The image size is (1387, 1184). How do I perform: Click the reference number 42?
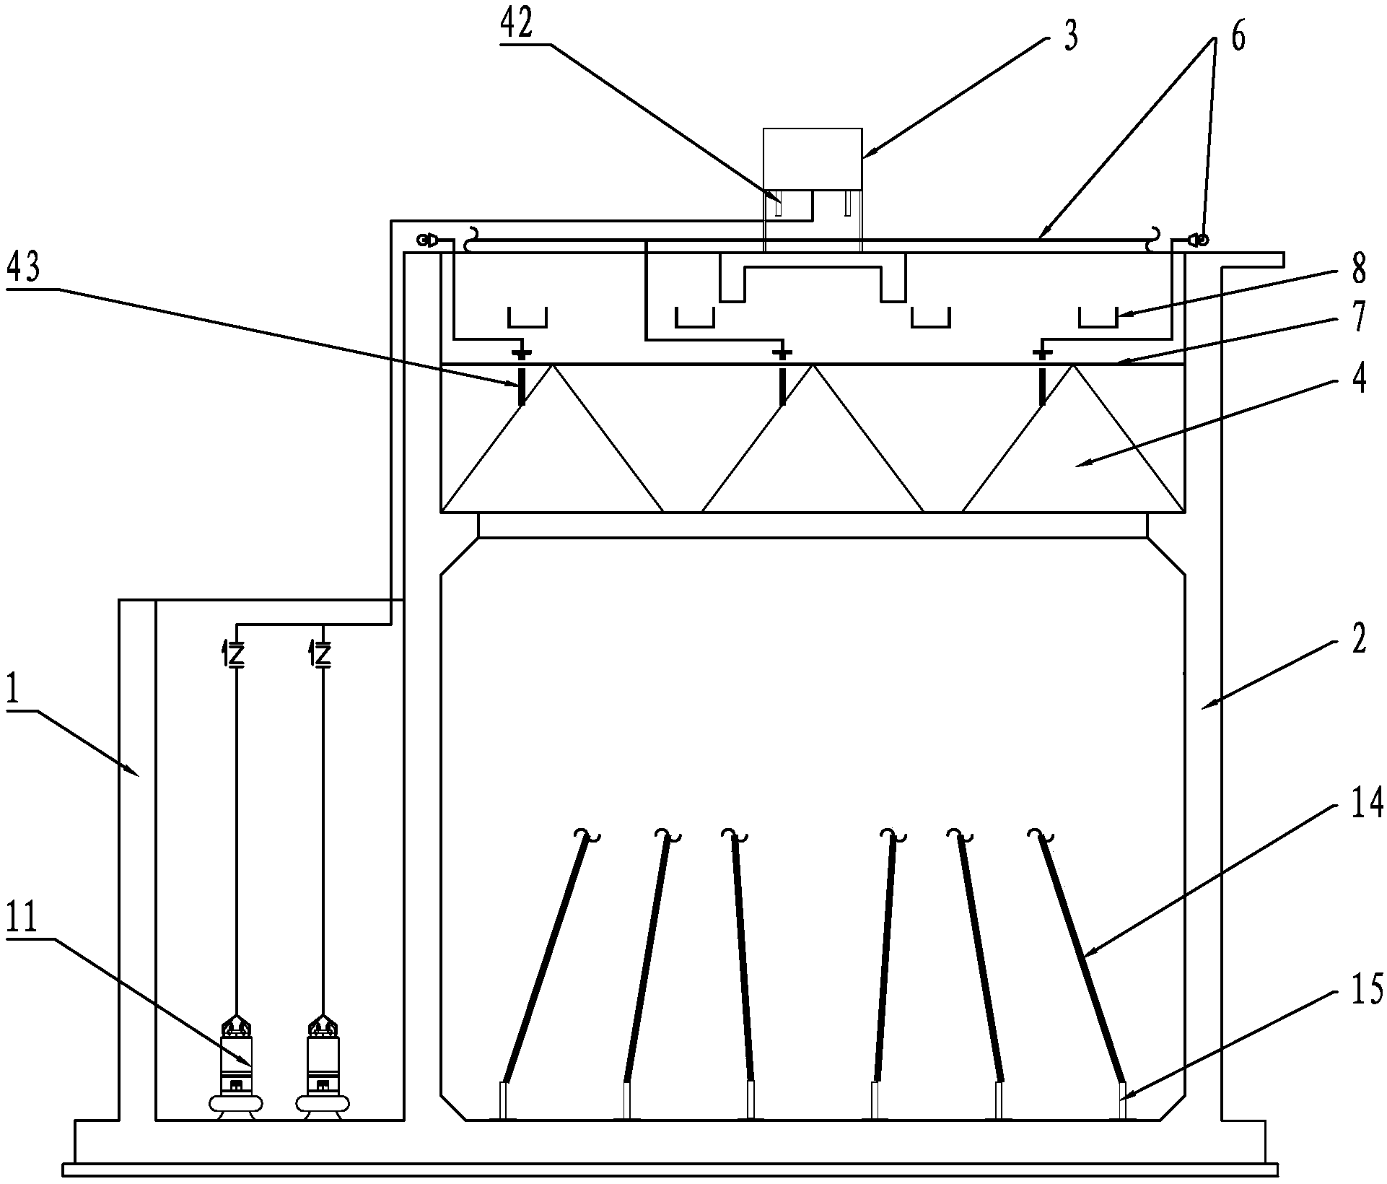pos(516,25)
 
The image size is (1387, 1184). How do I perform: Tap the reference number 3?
pos(1071,35)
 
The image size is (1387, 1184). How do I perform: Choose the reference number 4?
pos(1358,378)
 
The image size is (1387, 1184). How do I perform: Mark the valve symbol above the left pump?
pos(236,654)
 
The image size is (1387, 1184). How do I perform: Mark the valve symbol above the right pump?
pos(323,654)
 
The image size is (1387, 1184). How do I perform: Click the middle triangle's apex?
pos(813,366)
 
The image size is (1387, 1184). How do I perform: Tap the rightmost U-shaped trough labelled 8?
pos(1098,317)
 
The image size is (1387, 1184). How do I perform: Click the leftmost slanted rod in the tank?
pos(545,960)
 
